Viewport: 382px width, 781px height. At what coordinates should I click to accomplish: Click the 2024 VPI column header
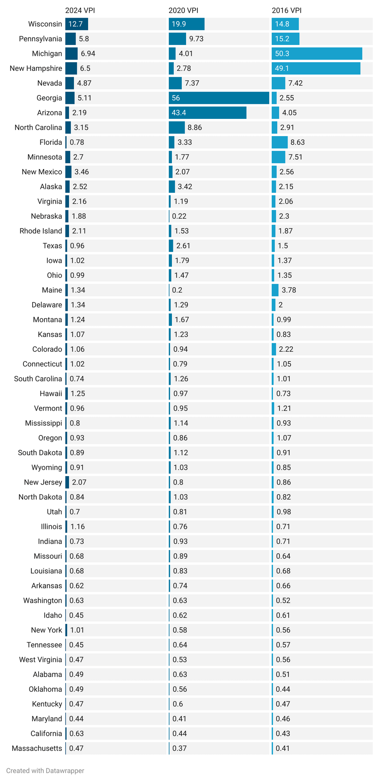tap(80, 11)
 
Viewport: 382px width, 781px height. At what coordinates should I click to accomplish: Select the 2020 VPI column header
tap(183, 11)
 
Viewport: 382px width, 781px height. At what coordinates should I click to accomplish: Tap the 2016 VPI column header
tap(286, 11)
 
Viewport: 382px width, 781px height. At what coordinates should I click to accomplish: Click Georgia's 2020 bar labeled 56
tap(219, 98)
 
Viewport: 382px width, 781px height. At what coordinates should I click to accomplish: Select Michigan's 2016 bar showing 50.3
tap(317, 54)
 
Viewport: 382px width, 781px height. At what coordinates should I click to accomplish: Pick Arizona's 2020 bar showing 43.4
tap(207, 113)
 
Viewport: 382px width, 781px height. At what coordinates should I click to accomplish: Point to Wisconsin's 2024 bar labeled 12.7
tap(76, 24)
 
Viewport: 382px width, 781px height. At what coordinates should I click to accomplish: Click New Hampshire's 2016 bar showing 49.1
tap(316, 69)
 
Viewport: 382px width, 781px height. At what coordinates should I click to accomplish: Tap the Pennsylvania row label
tap(40, 39)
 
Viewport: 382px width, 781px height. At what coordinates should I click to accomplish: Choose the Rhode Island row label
tap(41, 231)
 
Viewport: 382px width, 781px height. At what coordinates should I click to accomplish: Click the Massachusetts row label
tap(37, 748)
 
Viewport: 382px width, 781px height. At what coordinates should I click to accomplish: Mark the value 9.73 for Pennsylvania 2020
tap(196, 39)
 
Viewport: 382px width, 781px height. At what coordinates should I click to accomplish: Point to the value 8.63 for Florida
tap(297, 143)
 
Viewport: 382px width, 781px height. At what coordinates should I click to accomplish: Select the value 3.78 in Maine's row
tap(289, 290)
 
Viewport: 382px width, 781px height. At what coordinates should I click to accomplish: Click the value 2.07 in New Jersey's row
tap(79, 482)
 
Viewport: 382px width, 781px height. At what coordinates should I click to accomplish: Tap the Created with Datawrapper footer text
tap(45, 771)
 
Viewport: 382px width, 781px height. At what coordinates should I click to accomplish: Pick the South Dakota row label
tap(40, 453)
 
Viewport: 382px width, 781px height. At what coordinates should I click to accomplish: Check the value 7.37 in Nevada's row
tap(192, 83)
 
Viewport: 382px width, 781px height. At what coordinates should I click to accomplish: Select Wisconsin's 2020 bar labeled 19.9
tap(186, 24)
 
